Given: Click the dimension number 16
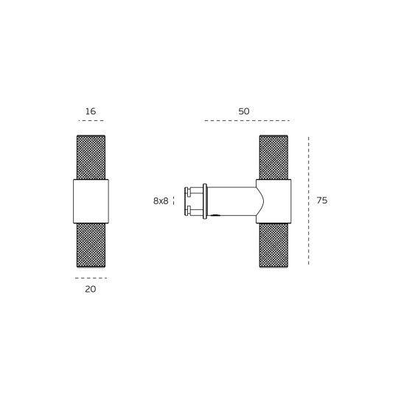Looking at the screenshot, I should (x=91, y=111).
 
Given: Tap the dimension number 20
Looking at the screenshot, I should (x=91, y=289).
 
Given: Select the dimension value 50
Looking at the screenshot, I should (x=244, y=111).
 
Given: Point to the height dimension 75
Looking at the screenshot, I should (x=321, y=200).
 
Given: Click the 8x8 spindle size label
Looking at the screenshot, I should (x=161, y=200).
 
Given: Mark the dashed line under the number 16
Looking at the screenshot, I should (x=91, y=120).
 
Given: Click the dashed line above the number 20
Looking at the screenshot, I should (x=91, y=278).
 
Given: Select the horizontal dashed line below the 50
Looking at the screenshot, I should (x=246, y=120).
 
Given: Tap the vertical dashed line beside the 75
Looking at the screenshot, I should (x=308, y=200).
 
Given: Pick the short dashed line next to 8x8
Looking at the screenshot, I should (x=176, y=200).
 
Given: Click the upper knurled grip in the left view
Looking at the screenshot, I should (x=91, y=157).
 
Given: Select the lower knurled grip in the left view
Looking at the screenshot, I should (x=91, y=245).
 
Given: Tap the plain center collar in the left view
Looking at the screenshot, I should (x=91, y=200).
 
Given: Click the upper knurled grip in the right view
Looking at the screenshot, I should (x=273, y=157).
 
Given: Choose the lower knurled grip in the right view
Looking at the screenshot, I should (x=273, y=245).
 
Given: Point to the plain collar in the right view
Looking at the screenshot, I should (x=273, y=200).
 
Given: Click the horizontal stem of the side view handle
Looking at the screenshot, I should (x=232, y=200).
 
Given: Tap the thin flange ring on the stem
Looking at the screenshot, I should (x=205, y=200).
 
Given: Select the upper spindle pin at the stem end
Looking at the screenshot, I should (x=193, y=192).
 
